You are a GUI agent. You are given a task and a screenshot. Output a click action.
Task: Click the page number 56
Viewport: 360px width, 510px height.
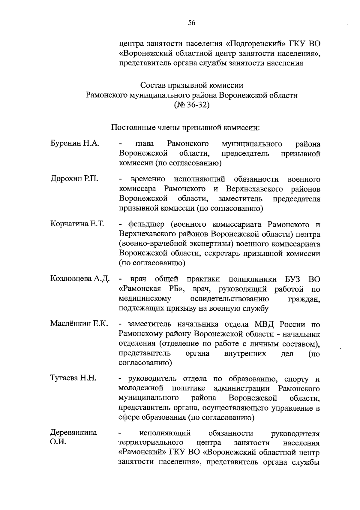[x=192, y=23]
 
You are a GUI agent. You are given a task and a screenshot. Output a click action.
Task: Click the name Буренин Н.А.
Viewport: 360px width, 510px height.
[x=75, y=143]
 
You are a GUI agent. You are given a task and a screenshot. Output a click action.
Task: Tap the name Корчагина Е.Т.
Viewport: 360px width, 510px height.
[x=77, y=224]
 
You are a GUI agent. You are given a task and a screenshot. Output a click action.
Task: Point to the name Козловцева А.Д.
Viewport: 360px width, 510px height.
[x=80, y=279]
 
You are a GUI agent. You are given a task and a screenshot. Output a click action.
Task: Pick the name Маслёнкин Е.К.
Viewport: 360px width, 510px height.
[x=79, y=324]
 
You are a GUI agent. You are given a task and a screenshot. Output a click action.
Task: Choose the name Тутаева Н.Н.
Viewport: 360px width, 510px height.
[x=73, y=378]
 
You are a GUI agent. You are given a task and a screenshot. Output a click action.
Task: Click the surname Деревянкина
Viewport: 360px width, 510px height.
[x=73, y=433]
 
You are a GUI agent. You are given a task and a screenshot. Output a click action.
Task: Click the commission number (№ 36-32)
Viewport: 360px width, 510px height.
[x=192, y=105]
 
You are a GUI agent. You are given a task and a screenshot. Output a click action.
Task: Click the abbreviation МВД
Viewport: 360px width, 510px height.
[x=265, y=324]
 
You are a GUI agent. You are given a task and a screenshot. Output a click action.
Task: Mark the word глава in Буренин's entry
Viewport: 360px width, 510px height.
[x=145, y=144]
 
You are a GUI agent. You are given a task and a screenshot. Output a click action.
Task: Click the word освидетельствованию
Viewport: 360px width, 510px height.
[x=229, y=299]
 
